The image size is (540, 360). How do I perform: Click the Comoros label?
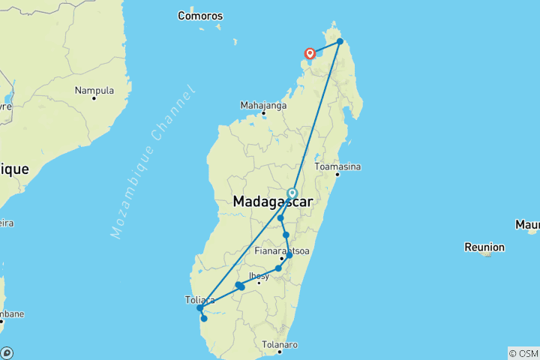[200, 15]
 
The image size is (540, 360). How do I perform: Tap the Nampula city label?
[94, 91]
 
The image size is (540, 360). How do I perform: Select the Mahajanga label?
[263, 105]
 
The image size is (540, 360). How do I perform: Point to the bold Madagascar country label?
[272, 202]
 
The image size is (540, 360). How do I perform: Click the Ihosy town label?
[259, 275]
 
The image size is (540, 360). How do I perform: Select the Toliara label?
[200, 299]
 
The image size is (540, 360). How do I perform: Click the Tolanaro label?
[281, 344]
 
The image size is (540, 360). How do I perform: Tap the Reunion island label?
[485, 247]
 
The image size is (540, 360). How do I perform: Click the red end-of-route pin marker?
[309, 53]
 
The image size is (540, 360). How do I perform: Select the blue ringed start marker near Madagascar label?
[292, 193]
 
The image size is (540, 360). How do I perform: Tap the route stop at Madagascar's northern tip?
[340, 41]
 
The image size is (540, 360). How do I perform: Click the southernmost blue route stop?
[204, 319]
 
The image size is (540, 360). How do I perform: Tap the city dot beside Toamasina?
[337, 175]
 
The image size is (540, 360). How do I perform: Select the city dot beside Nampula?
[94, 99]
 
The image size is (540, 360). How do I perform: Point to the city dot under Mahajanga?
[263, 113]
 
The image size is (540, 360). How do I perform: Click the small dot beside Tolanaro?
[278, 351]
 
